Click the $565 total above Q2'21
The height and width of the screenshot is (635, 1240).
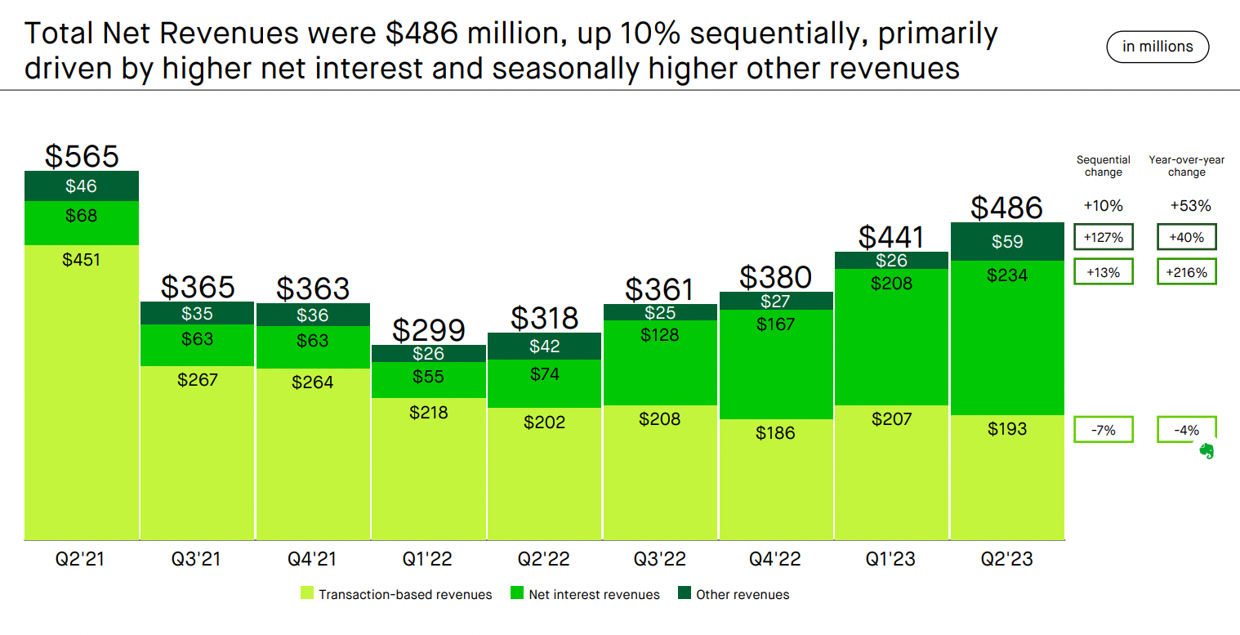[x=82, y=156]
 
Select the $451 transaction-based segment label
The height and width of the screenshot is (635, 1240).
[x=82, y=260]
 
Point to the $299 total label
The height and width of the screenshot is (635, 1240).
[x=429, y=330]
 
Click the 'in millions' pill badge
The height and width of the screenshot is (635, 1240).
[x=1157, y=47]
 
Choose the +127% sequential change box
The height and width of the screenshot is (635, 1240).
[x=1104, y=238]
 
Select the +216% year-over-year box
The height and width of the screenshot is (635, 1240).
[x=1186, y=272]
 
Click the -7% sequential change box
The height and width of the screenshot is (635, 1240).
[x=1104, y=430]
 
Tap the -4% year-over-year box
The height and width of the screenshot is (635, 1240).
[x=1186, y=430]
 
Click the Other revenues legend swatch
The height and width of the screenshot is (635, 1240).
[x=685, y=594]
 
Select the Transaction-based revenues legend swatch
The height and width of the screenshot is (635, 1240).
[x=307, y=594]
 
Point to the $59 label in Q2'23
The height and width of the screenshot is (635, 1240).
[x=1007, y=242]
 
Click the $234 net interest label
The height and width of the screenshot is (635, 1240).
[x=1007, y=275]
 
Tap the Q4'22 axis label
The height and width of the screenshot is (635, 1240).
[x=776, y=560]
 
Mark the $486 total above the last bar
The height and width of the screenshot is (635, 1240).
[x=1007, y=208]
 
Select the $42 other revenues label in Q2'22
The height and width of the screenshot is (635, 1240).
[x=545, y=347]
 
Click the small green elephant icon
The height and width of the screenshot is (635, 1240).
[x=1206, y=450]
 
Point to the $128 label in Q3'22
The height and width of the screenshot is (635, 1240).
[x=660, y=334]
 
